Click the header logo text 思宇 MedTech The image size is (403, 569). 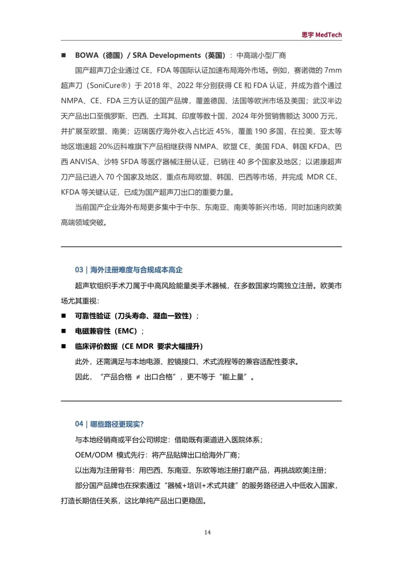tap(321, 35)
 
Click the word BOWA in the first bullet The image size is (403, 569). tap(87, 55)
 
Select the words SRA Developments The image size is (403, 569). tap(166, 55)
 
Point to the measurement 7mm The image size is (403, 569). tap(333, 70)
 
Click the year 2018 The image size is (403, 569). tap(152, 85)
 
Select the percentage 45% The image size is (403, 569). tap(223, 131)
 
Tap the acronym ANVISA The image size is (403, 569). tap(84, 162)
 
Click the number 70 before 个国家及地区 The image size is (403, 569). tap(110, 177)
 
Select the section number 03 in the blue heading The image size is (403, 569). tap(79, 270)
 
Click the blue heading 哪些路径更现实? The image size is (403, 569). tap(117, 424)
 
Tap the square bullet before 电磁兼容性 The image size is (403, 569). tap(63, 331)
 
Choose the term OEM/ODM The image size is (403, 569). tap(94, 455)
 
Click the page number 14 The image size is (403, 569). tap(207, 532)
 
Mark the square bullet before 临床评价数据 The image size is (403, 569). tap(63, 346)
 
